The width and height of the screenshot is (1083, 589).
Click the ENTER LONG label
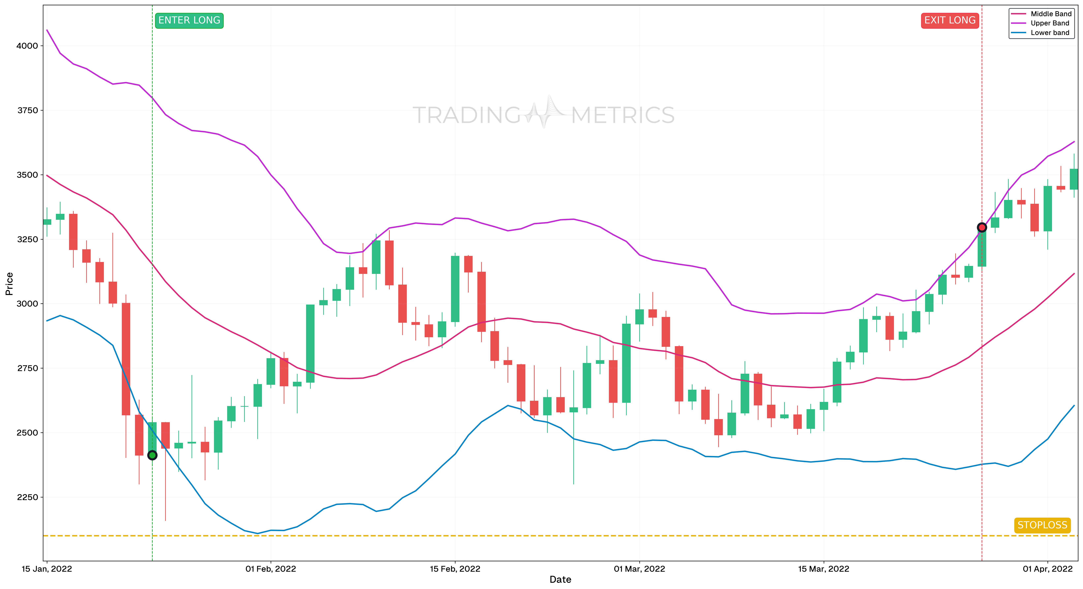189,20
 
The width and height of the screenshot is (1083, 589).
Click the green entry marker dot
152,455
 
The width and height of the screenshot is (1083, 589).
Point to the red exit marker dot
982,227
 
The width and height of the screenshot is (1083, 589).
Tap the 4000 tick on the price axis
27,46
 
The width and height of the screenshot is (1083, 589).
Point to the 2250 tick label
27,497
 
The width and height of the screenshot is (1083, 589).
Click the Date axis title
560,580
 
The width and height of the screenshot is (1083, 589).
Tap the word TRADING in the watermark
467,115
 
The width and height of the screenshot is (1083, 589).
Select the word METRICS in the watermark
623,115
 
